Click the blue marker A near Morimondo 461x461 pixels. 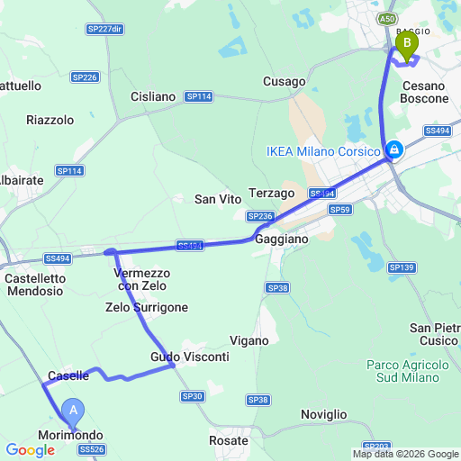(74, 412)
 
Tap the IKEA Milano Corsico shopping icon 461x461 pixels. (393, 150)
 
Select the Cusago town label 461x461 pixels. (285, 81)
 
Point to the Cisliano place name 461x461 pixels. (153, 96)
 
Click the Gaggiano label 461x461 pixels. (281, 240)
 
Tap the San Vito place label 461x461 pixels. (216, 199)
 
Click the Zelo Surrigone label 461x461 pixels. (147, 308)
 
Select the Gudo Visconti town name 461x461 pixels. (190, 357)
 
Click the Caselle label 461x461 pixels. (68, 375)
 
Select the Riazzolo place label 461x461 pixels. (50, 120)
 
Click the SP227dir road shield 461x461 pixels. (104, 30)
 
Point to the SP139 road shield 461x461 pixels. (402, 267)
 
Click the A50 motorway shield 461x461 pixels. (387, 18)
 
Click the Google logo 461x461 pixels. (30, 449)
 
